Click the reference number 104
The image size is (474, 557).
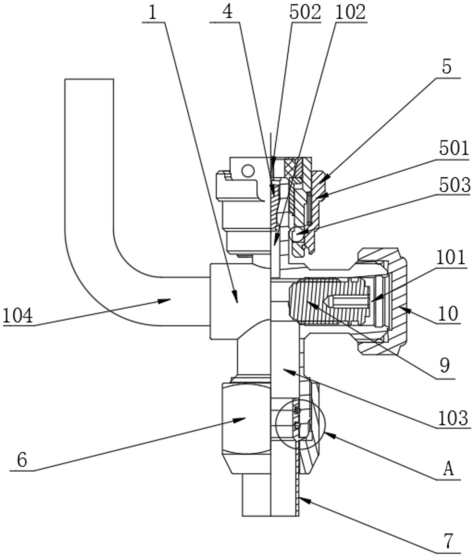tap(17, 316)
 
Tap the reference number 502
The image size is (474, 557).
tap(305, 12)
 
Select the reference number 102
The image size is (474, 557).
tap(350, 12)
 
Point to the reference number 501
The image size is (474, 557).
tap(454, 148)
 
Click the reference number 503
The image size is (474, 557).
tap(455, 185)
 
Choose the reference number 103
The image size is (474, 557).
tap(453, 418)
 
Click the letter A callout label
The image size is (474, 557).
tap(449, 469)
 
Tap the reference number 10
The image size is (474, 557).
tap(448, 314)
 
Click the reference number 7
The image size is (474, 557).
tap(449, 541)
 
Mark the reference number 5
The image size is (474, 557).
tap(447, 67)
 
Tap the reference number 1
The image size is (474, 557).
tap(152, 13)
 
